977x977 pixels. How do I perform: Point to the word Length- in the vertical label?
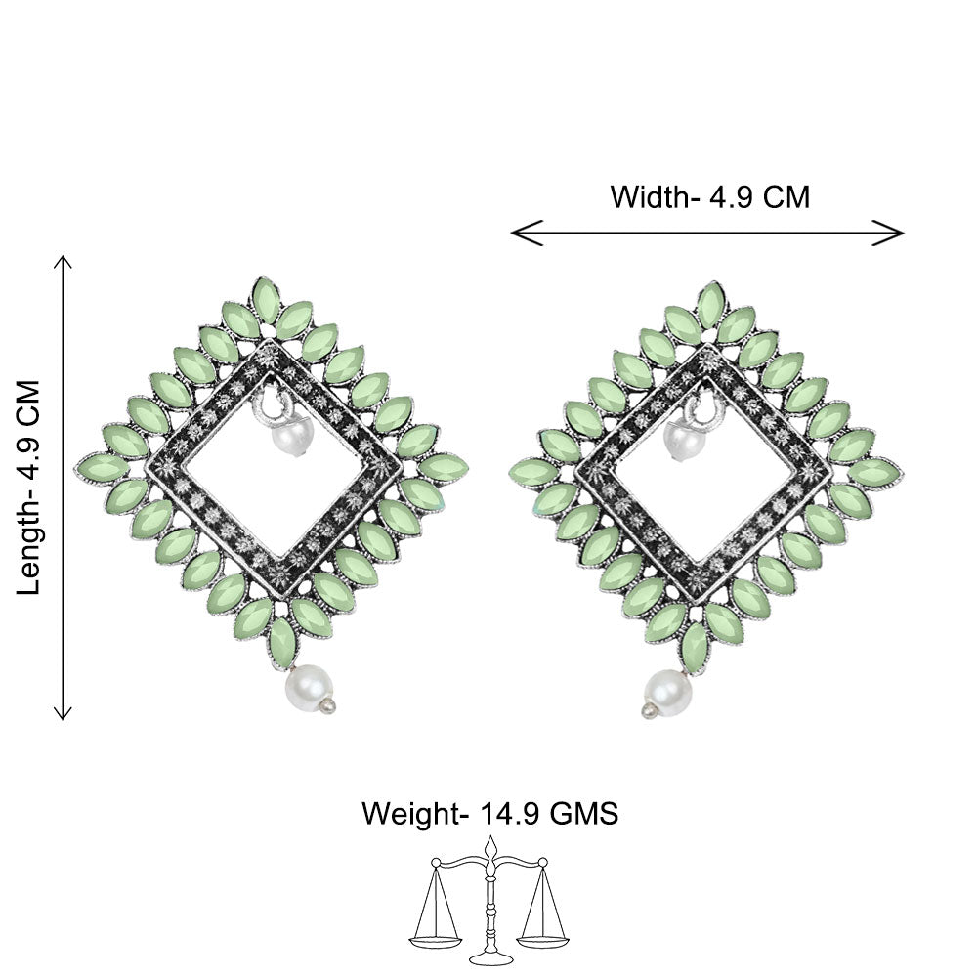tap(28, 546)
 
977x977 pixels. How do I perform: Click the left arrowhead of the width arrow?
tap(527, 233)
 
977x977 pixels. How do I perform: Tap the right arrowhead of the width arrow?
tap(888, 233)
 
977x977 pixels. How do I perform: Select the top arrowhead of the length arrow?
tap(63, 262)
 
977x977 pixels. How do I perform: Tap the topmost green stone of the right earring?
tap(711, 306)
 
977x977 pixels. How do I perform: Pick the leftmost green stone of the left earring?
tap(103, 468)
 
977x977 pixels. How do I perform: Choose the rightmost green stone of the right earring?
tap(873, 472)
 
